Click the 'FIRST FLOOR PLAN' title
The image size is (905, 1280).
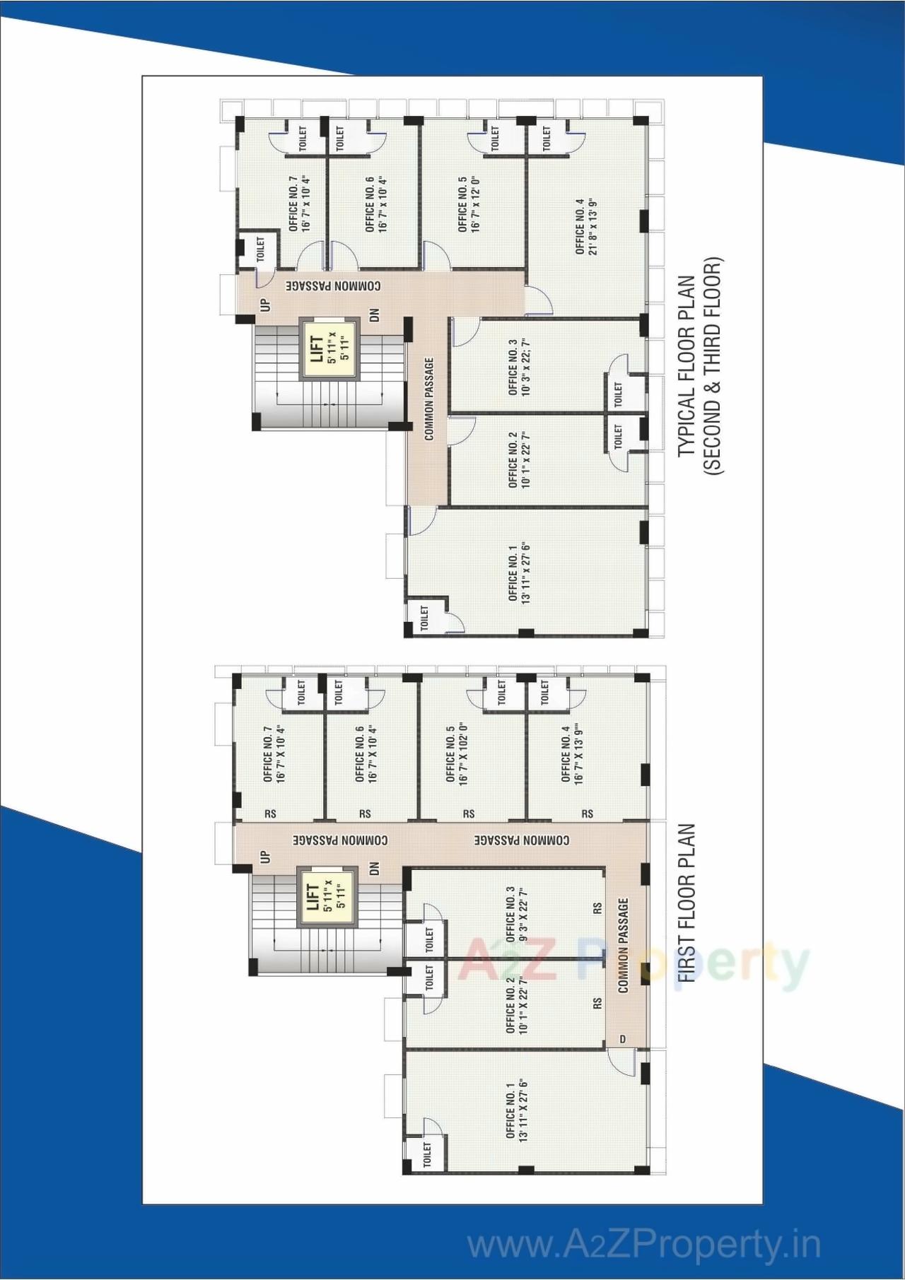tap(687, 903)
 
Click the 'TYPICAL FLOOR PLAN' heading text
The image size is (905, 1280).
tap(687, 365)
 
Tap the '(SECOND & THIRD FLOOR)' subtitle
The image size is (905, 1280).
tap(712, 365)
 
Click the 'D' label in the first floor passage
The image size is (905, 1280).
tap(623, 1038)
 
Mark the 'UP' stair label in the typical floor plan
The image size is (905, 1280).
tap(265, 305)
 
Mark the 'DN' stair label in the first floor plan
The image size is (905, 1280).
tap(374, 868)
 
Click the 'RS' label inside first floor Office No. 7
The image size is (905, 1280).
tap(270, 814)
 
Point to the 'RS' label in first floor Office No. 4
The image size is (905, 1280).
tap(588, 814)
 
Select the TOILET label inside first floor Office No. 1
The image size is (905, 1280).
tap(426, 1154)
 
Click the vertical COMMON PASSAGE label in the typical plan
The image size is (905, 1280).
tap(429, 399)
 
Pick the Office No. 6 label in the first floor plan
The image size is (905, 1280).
tap(366, 754)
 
